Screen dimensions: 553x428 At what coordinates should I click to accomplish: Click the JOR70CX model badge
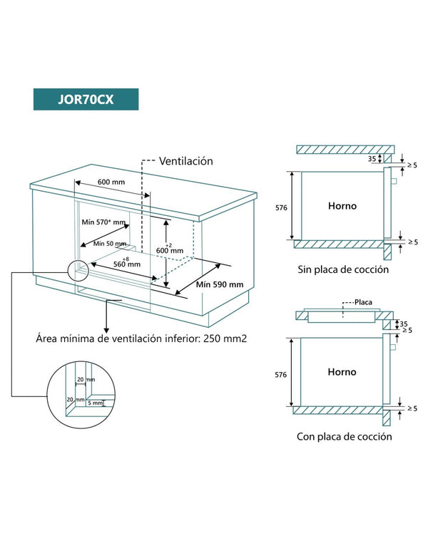click(x=86, y=99)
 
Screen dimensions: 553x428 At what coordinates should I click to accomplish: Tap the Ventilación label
click(x=185, y=161)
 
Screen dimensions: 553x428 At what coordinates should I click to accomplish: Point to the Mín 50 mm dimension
click(x=108, y=244)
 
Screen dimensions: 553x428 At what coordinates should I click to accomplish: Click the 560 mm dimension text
click(x=126, y=264)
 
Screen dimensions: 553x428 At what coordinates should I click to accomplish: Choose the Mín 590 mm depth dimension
click(x=220, y=284)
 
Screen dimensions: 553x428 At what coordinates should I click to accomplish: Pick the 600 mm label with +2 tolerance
click(x=170, y=250)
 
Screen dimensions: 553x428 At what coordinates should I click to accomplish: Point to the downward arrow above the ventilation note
click(x=107, y=317)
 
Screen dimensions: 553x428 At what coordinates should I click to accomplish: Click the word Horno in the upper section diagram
click(x=342, y=206)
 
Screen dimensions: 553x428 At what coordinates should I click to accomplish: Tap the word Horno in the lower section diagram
click(x=342, y=372)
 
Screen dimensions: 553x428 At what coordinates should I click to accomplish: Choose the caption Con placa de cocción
click(x=344, y=436)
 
